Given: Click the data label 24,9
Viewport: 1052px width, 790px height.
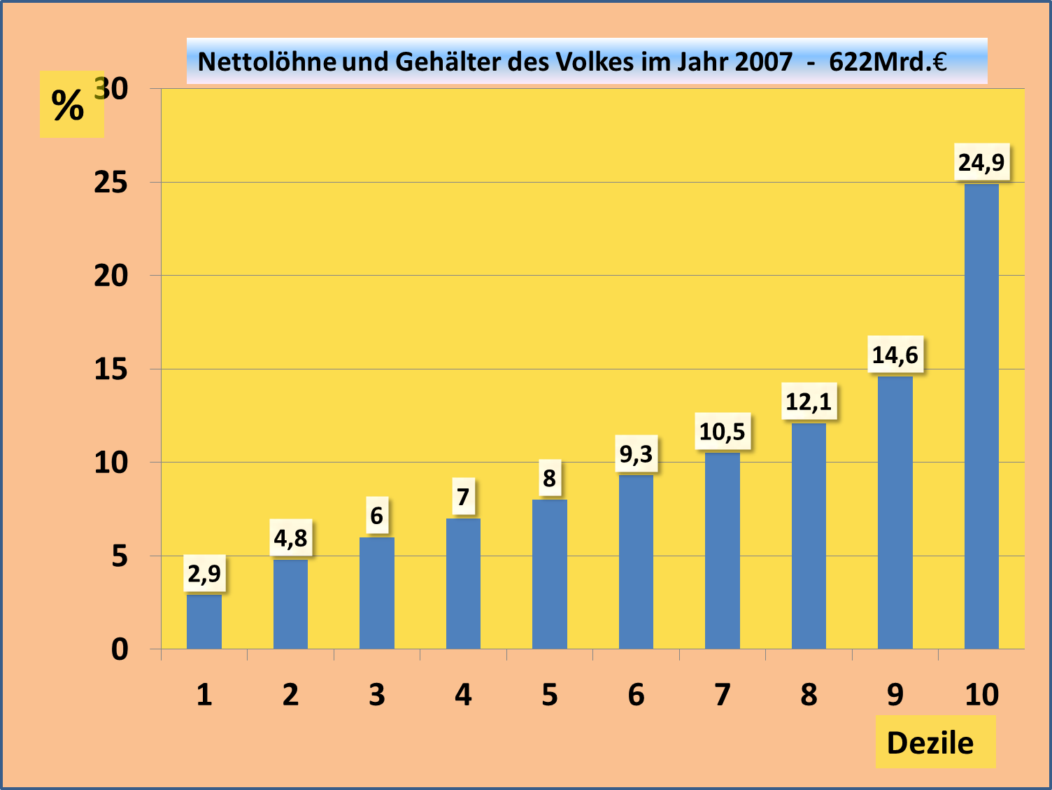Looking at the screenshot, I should (x=981, y=162).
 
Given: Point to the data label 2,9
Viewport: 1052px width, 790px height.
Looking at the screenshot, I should (x=204, y=574).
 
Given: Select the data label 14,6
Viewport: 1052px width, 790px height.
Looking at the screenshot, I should (x=895, y=355).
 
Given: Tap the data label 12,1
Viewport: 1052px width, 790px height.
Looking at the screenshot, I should (x=809, y=402).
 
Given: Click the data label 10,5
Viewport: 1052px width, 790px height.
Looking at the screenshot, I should (x=723, y=432).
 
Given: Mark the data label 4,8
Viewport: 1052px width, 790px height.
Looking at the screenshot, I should (x=290, y=538).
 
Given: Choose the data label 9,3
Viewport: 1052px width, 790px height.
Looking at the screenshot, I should (x=636, y=454).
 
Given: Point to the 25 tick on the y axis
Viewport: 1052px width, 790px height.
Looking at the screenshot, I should (x=111, y=183).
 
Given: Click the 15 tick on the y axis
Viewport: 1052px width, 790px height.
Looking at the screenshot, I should (x=111, y=369).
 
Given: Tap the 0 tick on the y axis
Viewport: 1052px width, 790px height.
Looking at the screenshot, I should (x=120, y=649).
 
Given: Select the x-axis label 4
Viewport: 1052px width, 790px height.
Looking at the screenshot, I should (x=463, y=695).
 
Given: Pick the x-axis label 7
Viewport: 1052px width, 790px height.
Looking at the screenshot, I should (x=723, y=695).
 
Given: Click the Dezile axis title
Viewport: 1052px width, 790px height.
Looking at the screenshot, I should (x=930, y=743).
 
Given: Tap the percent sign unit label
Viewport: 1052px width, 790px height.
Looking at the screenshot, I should (x=68, y=106).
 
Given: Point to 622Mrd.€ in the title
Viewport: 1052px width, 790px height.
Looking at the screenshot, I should (x=888, y=62).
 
